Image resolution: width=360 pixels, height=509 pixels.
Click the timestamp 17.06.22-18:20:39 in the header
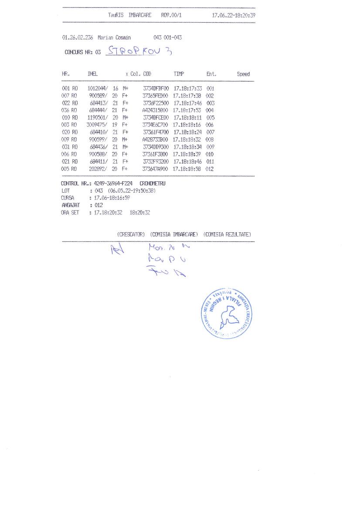tap(234, 15)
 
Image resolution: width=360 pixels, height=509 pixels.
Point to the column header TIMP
tap(179, 74)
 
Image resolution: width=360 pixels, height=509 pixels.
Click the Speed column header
tap(243, 74)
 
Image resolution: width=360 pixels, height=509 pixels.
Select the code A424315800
tap(155, 110)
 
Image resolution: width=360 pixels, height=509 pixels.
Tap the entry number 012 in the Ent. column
tap(210, 169)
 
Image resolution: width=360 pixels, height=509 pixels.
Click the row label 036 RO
tap(70, 110)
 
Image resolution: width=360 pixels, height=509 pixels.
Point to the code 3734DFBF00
tap(156, 88)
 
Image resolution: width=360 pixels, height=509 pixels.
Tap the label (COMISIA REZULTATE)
tap(227, 234)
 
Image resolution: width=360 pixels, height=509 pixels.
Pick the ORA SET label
tap(70, 213)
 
